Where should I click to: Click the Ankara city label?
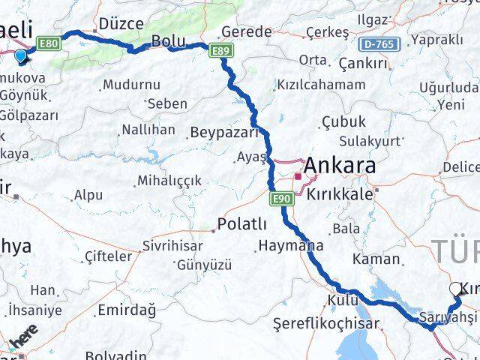pos(340,166)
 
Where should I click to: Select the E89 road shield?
pos(220,50)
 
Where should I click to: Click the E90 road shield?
pos(281,198)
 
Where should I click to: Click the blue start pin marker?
pos(19,55)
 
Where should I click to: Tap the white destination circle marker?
pos(455,289)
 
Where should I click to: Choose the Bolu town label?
pos(168,41)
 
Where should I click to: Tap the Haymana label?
pos(290,245)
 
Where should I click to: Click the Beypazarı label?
pos(223,133)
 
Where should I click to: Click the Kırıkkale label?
pos(340,193)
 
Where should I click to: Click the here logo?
pos(24,342)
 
